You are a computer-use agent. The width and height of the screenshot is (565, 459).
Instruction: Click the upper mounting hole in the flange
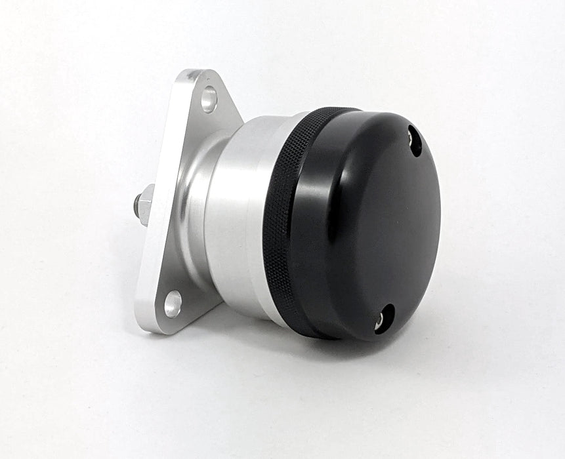(x=209, y=99)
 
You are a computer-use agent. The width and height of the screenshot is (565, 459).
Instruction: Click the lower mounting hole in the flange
(x=173, y=304)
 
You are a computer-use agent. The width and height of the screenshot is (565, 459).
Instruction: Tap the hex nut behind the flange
(x=145, y=203)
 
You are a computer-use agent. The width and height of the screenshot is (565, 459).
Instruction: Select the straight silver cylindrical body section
(x=236, y=216)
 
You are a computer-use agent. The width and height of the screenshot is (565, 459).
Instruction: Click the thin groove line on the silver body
(x=262, y=216)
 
